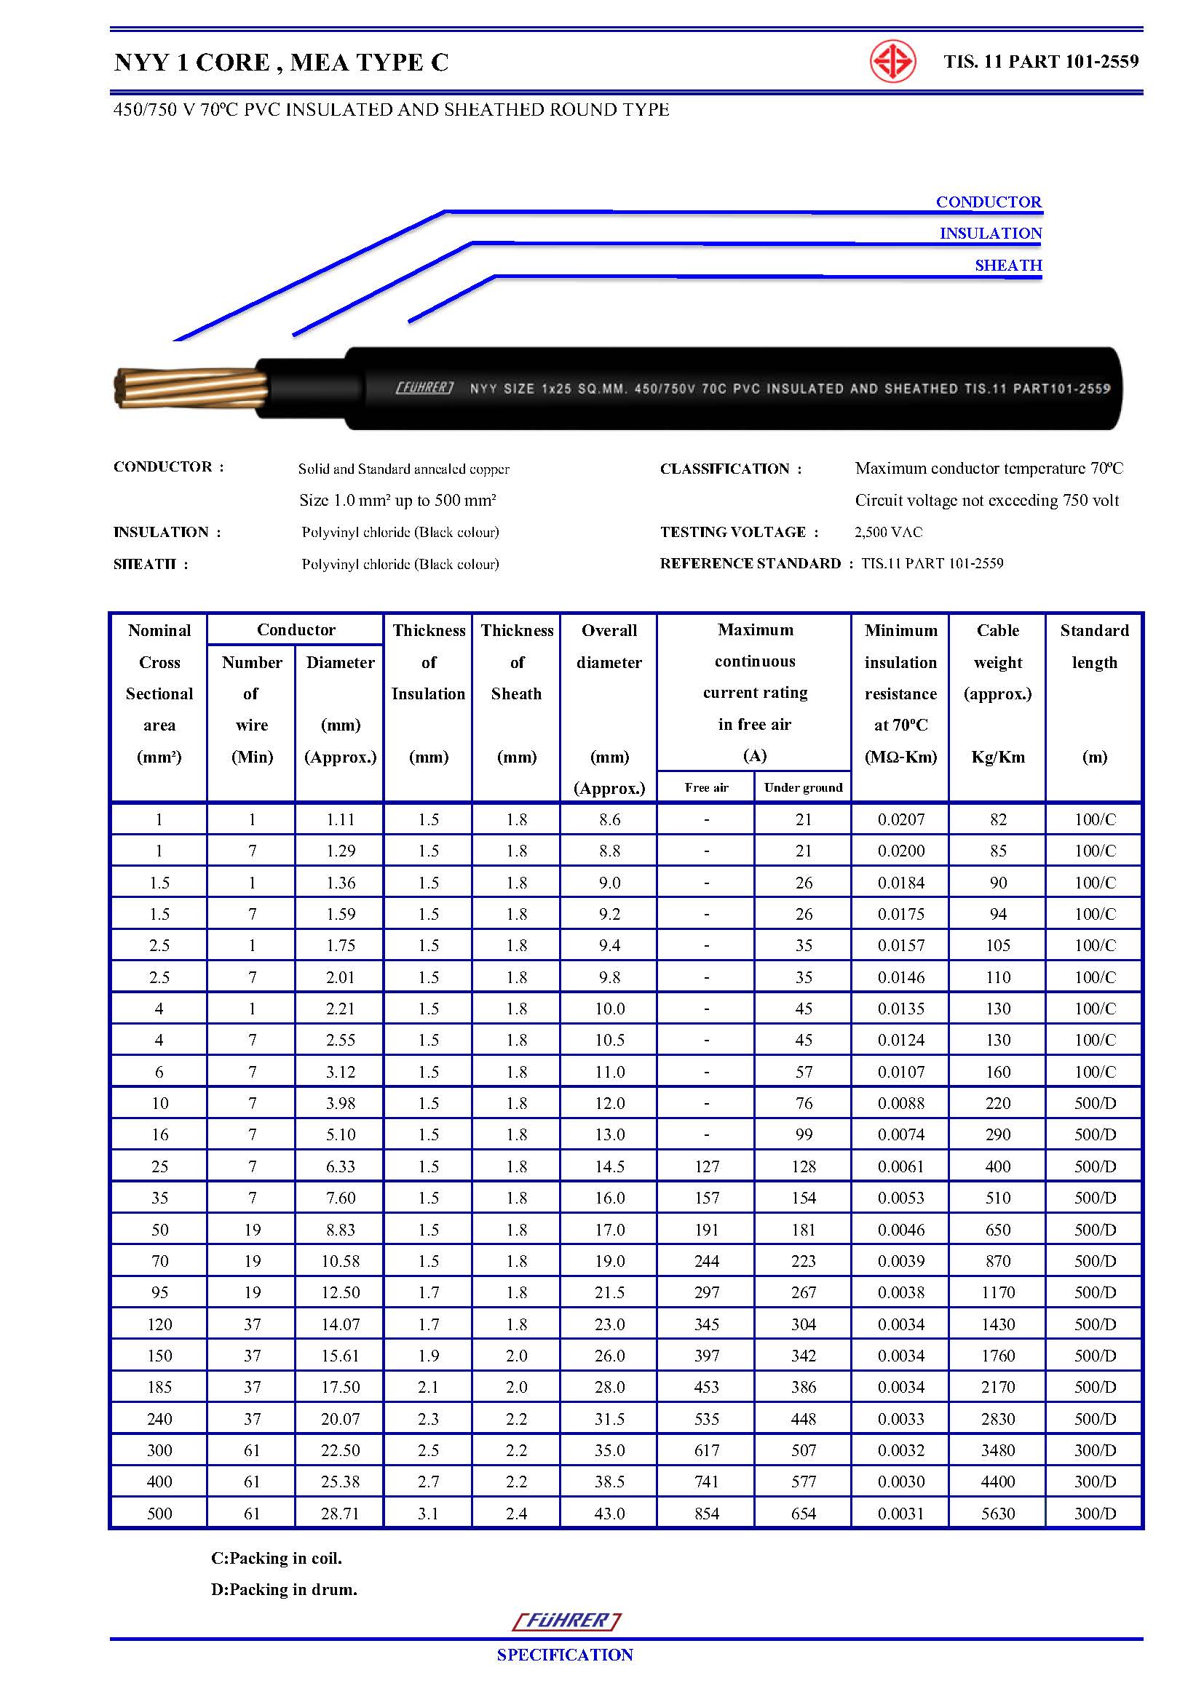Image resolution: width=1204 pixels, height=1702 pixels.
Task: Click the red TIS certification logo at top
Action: pos(892,62)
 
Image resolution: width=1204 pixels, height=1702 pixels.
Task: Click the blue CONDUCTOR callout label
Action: pos(989,202)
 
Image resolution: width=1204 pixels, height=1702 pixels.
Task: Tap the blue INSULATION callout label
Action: pos(991,234)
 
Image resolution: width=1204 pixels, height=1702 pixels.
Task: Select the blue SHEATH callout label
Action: pos(1008,266)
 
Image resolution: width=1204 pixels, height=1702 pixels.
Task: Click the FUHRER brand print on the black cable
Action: pos(424,388)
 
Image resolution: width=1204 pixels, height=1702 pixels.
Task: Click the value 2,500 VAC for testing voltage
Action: pos(888,531)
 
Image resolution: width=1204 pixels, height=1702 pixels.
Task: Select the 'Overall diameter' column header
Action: pos(609,645)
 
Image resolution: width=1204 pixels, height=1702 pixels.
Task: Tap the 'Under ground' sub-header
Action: pos(803,787)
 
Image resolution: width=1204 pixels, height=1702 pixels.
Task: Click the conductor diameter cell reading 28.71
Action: pos(340,1513)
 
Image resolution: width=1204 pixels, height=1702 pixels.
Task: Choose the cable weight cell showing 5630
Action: pos(998,1513)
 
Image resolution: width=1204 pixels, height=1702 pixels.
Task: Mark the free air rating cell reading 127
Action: pos(707,1166)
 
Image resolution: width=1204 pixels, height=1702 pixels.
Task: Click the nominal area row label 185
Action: pos(159,1387)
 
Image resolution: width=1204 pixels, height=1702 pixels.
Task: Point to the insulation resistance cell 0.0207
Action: pos(900,819)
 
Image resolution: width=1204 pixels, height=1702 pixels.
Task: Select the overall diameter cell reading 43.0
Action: pos(609,1513)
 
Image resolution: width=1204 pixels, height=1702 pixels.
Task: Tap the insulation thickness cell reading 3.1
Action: pos(429,1513)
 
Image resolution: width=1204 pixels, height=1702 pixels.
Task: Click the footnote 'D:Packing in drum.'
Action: pos(284,1589)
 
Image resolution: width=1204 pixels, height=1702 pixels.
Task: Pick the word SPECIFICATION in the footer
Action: pos(565,1655)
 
